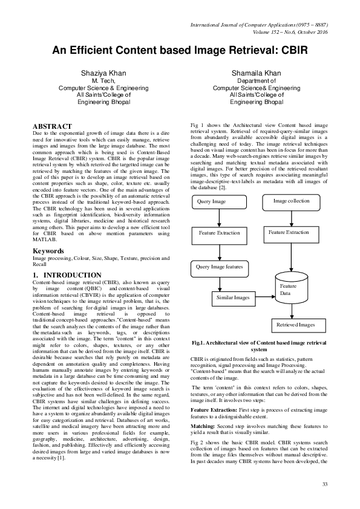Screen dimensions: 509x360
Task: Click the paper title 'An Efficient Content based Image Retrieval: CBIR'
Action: [x=180, y=50]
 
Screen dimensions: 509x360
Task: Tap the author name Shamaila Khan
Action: [x=256, y=73]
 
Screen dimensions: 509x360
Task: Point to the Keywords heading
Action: [x=48, y=250]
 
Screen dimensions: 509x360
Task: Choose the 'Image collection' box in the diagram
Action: [x=291, y=201]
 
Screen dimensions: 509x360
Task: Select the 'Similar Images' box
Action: [x=233, y=297]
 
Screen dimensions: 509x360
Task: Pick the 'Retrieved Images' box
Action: [x=296, y=325]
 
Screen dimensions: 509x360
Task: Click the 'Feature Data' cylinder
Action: [x=290, y=290]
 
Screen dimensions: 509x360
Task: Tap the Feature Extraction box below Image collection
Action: [x=289, y=232]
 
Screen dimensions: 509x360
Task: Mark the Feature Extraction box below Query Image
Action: [x=219, y=233]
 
